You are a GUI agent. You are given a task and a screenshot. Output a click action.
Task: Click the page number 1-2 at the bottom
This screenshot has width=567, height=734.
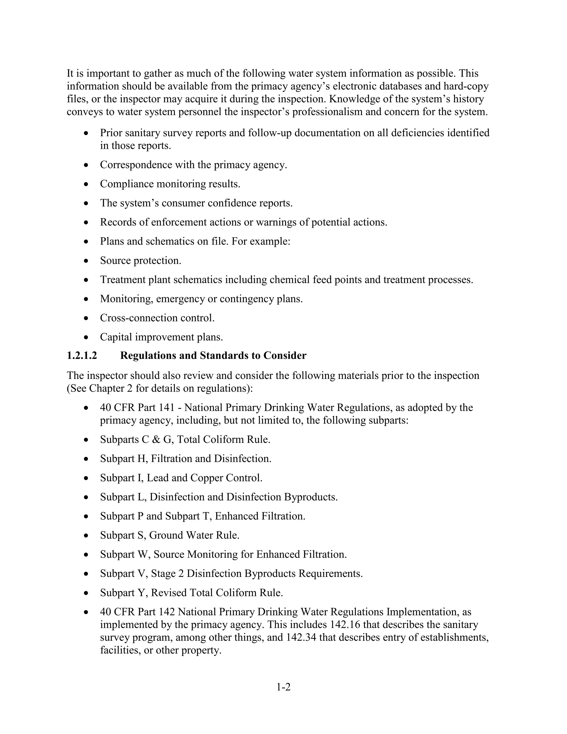pos(283,687)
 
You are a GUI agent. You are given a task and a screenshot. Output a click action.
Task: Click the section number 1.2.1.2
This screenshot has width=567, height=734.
pos(82,356)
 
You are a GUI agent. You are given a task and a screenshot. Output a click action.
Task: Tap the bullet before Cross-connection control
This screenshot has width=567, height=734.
pos(86,318)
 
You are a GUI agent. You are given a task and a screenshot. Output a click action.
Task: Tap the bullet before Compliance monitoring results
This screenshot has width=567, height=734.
pos(86,184)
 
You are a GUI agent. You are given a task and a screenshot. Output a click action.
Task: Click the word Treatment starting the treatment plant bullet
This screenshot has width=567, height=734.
pos(123,280)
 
